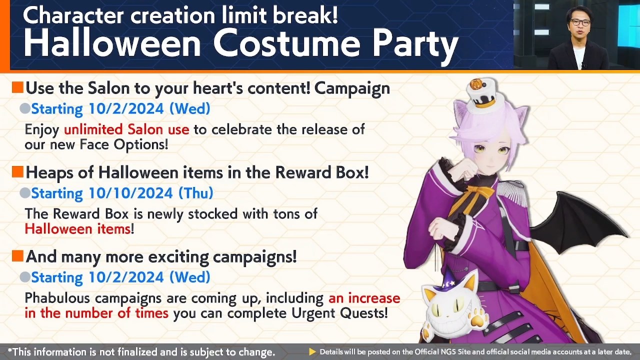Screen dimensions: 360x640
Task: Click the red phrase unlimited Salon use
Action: pyautogui.click(x=126, y=129)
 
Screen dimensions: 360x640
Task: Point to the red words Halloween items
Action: pyautogui.click(x=77, y=229)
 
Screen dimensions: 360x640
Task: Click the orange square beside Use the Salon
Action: pyautogui.click(x=17, y=88)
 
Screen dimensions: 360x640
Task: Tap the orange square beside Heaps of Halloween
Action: pyautogui.click(x=17, y=172)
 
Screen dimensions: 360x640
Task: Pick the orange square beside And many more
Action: pyautogui.click(x=17, y=256)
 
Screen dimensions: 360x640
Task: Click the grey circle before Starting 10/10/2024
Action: pyautogui.click(x=24, y=193)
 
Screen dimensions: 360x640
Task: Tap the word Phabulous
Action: pyautogui.click(x=58, y=298)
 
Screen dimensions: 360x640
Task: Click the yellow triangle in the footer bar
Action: pyautogui.click(x=312, y=352)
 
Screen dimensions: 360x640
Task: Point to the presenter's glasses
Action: pyautogui.click(x=579, y=22)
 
